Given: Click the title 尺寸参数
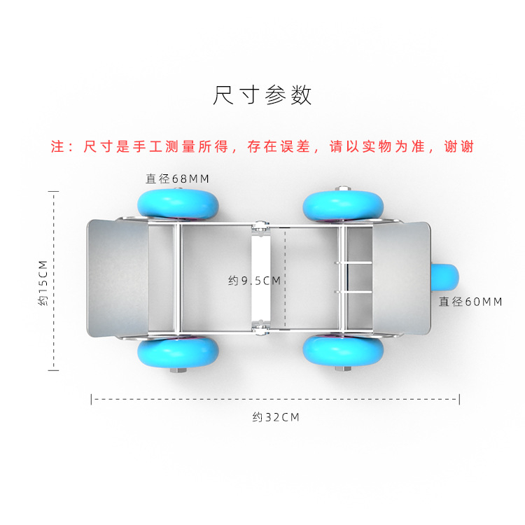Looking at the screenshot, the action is click(x=262, y=95).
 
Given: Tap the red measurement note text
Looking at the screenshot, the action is click(x=262, y=147).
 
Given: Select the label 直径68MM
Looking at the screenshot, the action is click(x=178, y=178).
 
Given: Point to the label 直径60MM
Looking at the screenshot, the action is click(x=470, y=302).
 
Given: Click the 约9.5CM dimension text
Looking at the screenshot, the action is click(x=254, y=281).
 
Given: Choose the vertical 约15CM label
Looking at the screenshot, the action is click(x=43, y=283).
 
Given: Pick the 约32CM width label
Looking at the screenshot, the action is click(x=276, y=417).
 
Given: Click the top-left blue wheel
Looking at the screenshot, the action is click(x=178, y=204).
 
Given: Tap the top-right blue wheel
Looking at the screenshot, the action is click(x=343, y=206).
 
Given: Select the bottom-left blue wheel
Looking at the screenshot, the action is click(x=178, y=352).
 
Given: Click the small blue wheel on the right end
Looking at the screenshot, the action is click(x=445, y=277).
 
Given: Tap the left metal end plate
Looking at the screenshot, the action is click(x=118, y=278).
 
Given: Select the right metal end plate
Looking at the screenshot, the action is click(x=402, y=278).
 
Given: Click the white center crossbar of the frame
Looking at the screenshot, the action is click(x=260, y=278).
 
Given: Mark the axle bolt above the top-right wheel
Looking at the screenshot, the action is click(x=342, y=188).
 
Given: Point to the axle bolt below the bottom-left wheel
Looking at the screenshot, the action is click(x=178, y=370).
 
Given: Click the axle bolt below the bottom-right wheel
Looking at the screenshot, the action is click(x=343, y=369).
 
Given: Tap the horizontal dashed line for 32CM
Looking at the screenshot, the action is click(x=275, y=399).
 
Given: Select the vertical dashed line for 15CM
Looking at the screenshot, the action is click(x=54, y=281).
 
